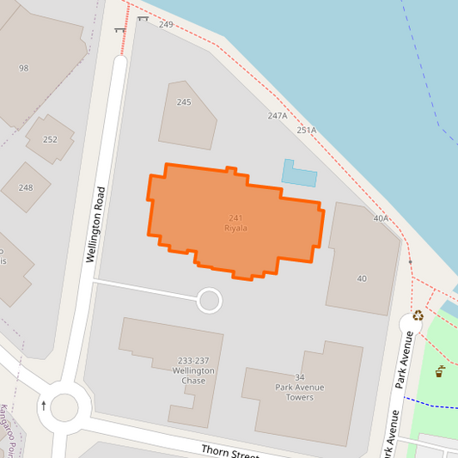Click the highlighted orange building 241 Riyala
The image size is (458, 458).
(x=236, y=223)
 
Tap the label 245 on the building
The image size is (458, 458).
(x=184, y=102)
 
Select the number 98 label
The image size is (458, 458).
(x=23, y=68)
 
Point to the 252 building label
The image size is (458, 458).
(x=50, y=139)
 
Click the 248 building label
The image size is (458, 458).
(x=26, y=187)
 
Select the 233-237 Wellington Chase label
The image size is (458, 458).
(x=192, y=370)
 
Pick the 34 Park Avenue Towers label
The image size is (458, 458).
(x=300, y=387)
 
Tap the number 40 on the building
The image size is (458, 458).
(x=362, y=278)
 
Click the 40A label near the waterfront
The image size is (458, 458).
(x=381, y=218)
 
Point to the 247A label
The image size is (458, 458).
(x=277, y=116)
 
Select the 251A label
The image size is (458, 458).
(x=306, y=130)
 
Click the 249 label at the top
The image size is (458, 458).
(x=166, y=25)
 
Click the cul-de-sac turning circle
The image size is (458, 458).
(x=210, y=301)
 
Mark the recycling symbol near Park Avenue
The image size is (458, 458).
(x=418, y=315)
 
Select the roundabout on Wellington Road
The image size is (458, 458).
(x=64, y=406)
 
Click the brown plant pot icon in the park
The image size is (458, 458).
(x=439, y=372)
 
